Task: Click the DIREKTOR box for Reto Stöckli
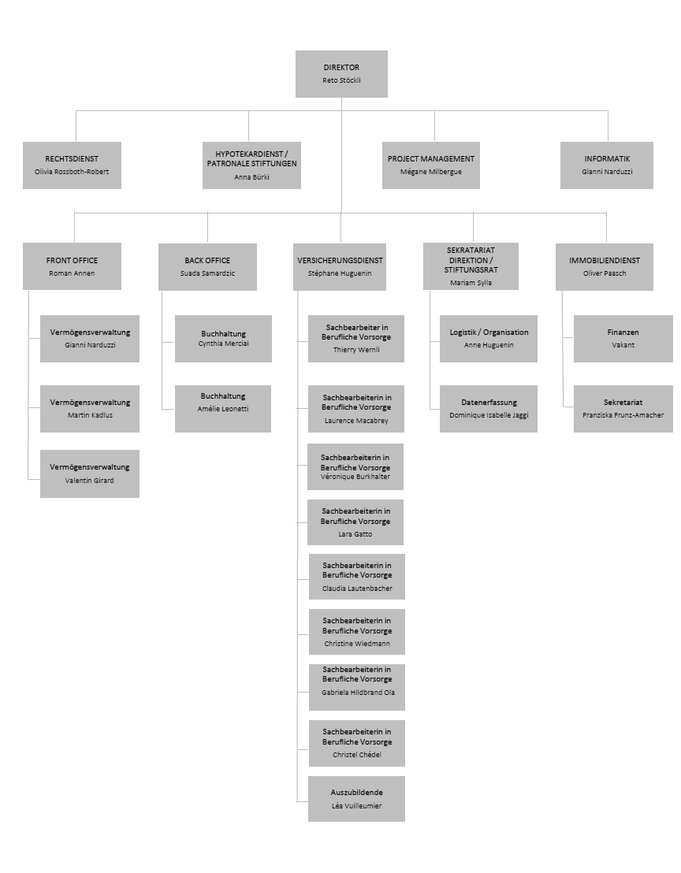tap(341, 74)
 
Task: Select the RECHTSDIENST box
tap(72, 165)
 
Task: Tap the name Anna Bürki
tap(251, 177)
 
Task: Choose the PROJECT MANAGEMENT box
tap(431, 165)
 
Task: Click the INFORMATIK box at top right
tap(607, 165)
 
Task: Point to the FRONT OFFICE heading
tap(72, 260)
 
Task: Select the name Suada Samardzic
tap(208, 273)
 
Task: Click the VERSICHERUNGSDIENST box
tap(340, 266)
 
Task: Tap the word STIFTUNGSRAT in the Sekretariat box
tap(471, 270)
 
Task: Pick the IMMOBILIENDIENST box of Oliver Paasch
tap(605, 266)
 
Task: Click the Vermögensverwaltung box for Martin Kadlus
tap(90, 409)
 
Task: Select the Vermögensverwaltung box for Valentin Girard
tap(90, 474)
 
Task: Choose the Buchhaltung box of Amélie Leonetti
tap(223, 409)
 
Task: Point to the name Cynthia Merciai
tap(223, 344)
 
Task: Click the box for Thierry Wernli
tap(356, 339)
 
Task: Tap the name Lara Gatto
tap(355, 534)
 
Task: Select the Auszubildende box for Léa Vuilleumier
tap(356, 799)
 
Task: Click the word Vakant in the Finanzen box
tap(623, 345)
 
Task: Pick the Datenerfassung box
tap(489, 409)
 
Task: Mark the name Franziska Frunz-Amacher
tap(623, 415)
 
